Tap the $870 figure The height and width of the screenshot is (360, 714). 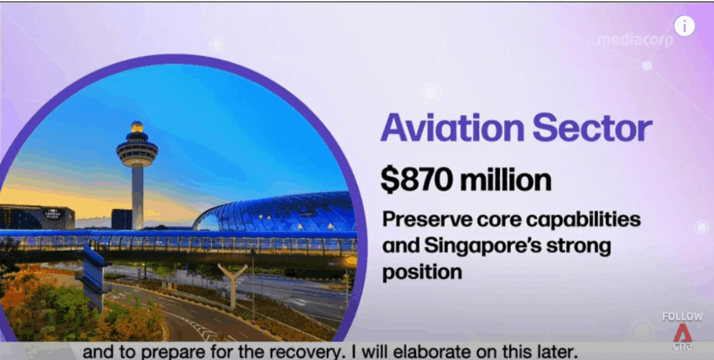pyautogui.click(x=416, y=181)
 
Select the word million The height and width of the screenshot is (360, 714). pyautogui.click(x=506, y=181)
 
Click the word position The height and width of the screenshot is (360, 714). pyautogui.click(x=422, y=273)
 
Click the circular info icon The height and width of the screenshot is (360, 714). pyautogui.click(x=685, y=26)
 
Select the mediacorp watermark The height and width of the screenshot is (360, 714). pyautogui.click(x=635, y=40)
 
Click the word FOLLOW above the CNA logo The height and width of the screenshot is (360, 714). pyautogui.click(x=682, y=317)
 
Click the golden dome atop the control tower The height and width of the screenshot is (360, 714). pyautogui.click(x=137, y=127)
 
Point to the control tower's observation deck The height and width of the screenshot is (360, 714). pyautogui.click(x=137, y=150)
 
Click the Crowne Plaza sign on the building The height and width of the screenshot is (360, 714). pyautogui.click(x=52, y=214)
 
